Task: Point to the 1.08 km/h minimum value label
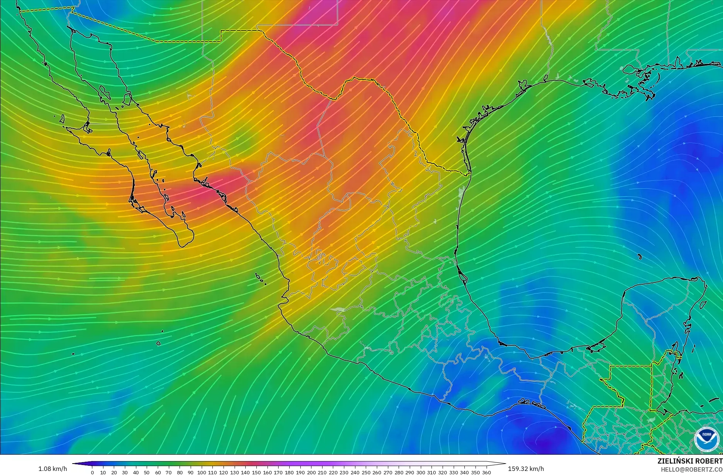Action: click(53, 469)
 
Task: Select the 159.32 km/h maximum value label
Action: click(526, 469)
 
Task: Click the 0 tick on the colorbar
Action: click(92, 472)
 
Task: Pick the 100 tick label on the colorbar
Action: click(201, 472)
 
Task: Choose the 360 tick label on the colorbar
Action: click(486, 472)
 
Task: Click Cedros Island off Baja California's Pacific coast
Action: click(62, 119)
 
